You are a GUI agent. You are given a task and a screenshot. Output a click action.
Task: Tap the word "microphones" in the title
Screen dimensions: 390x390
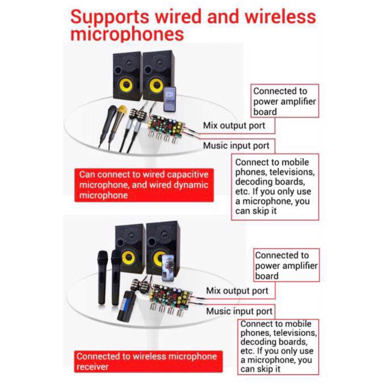click(127, 34)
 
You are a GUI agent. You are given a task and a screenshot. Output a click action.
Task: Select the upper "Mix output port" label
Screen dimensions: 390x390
click(234, 126)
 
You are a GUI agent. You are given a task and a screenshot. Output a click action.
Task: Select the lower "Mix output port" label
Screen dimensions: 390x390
click(237, 291)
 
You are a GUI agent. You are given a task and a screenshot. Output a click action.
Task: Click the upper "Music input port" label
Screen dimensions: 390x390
click(236, 145)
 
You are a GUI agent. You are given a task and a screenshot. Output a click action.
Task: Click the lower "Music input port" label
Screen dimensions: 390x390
click(239, 311)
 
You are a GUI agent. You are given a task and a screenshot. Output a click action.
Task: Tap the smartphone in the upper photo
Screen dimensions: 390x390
click(170, 99)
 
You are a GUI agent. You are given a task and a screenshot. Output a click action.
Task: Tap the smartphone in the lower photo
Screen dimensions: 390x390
click(168, 268)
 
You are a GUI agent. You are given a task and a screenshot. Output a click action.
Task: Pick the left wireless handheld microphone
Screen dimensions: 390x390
click(102, 277)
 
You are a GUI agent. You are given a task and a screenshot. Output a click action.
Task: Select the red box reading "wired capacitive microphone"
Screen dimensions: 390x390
click(144, 185)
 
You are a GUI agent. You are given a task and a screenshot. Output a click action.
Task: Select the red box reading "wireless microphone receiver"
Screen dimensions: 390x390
click(148, 361)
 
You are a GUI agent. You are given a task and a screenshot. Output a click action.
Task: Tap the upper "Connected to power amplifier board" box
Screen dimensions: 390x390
click(285, 101)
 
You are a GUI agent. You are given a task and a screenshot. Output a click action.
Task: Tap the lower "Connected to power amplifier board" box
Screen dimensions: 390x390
click(286, 265)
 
